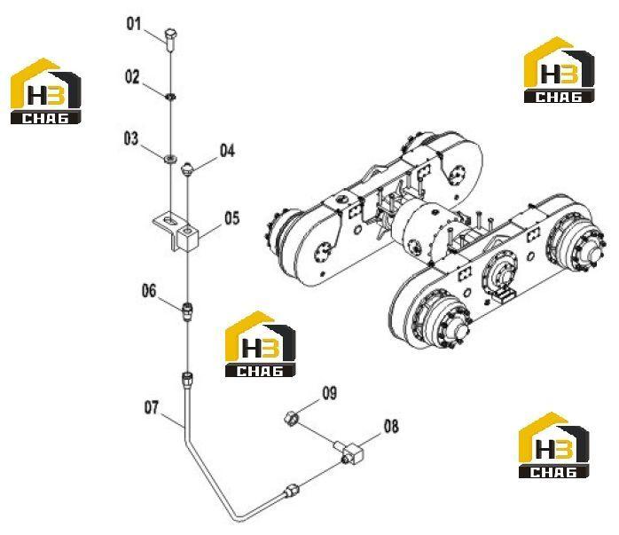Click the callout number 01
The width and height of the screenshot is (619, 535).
(x=133, y=24)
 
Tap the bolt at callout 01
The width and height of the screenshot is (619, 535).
(x=171, y=40)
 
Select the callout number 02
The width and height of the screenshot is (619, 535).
(x=132, y=76)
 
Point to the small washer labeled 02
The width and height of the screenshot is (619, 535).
(x=171, y=97)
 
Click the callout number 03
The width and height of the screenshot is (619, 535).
(x=131, y=138)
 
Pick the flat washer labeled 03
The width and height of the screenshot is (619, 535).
(x=170, y=159)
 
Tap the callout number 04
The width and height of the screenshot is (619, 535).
(x=227, y=151)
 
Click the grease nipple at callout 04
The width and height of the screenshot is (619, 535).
(x=187, y=169)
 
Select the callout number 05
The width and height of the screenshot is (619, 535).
(x=232, y=217)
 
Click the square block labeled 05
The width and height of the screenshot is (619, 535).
(x=188, y=237)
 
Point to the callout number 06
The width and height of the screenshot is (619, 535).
(x=149, y=291)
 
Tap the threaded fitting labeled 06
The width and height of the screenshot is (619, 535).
(x=188, y=311)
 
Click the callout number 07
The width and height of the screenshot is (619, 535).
(x=151, y=407)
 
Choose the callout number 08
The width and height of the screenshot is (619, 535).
(x=391, y=427)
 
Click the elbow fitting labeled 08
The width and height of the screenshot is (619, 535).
(x=349, y=452)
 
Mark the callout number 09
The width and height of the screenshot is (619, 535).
(x=330, y=393)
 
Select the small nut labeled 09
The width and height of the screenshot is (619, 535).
(x=291, y=419)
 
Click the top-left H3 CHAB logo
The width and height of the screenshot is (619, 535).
(x=45, y=91)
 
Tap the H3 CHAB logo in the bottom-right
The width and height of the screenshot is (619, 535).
(x=554, y=445)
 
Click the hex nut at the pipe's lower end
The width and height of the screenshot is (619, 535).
(x=291, y=492)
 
